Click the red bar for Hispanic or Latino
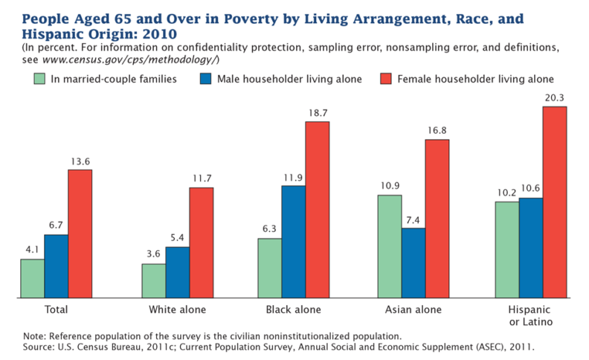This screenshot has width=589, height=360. coord(555,202)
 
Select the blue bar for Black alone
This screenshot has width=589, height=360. coord(293,242)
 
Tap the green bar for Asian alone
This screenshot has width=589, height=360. coord(390,246)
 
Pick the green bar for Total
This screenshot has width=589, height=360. coord(32,278)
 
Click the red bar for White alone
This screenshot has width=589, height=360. coord(202,242)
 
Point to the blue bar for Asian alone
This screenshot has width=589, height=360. coord(413,263)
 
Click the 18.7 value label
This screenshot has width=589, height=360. coord(317,112)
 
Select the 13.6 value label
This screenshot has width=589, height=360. coord(80,160)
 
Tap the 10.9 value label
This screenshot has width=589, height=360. coord(390,185)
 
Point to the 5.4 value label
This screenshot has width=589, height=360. coord(177,237)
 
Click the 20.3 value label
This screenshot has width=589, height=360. coord(555,97)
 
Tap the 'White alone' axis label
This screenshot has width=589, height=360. coord(177,309)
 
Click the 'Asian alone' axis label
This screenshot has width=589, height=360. coord(413,309)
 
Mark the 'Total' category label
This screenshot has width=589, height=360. coord(57,309)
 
